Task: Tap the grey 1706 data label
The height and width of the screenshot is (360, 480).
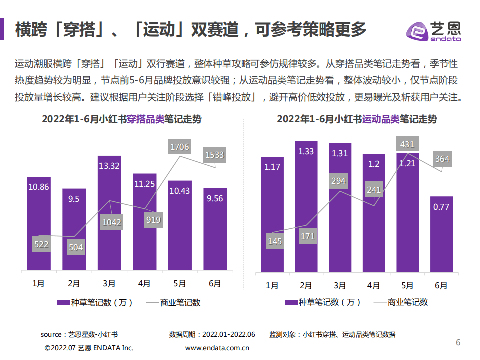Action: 180,147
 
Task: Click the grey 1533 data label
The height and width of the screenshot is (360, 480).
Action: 215,155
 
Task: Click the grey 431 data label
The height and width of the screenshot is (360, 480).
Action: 407,144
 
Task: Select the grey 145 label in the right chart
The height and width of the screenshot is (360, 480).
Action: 275,241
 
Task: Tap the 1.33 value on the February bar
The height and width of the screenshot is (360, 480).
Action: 306,151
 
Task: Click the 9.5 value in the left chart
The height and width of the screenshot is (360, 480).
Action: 74,199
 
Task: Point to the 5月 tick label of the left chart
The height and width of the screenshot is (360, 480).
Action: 179,283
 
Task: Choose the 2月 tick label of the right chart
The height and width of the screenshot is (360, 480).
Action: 306,285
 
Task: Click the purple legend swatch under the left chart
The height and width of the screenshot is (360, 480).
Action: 63,302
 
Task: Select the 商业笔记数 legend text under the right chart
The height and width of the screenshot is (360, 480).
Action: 408,302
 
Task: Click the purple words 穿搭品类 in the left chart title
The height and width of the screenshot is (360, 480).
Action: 145,119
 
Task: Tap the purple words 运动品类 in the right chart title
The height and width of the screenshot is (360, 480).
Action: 380,119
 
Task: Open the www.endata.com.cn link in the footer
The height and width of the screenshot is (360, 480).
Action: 217,348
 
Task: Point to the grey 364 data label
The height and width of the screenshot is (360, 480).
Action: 442,159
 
